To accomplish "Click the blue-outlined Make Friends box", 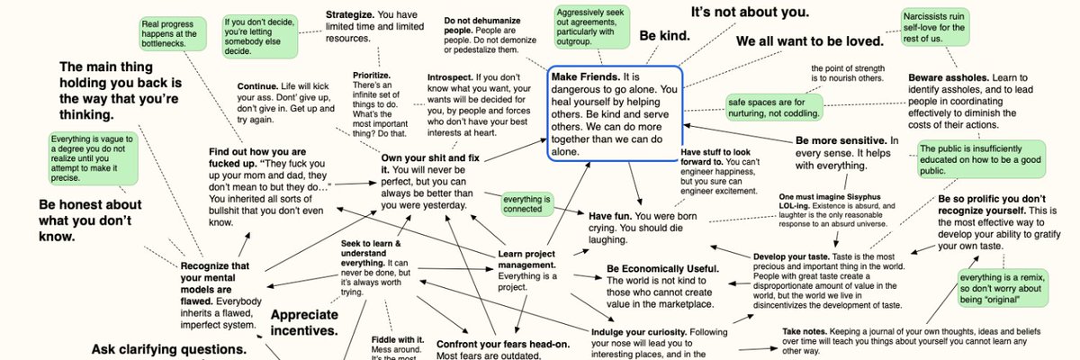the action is point(615,114).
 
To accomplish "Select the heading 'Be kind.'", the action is point(664,37).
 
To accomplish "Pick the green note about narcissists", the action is point(936,28).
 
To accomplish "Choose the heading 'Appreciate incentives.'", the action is point(304,322).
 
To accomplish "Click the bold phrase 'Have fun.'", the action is point(611,217).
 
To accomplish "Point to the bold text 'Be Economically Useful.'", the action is point(662,270).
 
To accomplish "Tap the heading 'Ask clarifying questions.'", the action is point(169,349).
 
